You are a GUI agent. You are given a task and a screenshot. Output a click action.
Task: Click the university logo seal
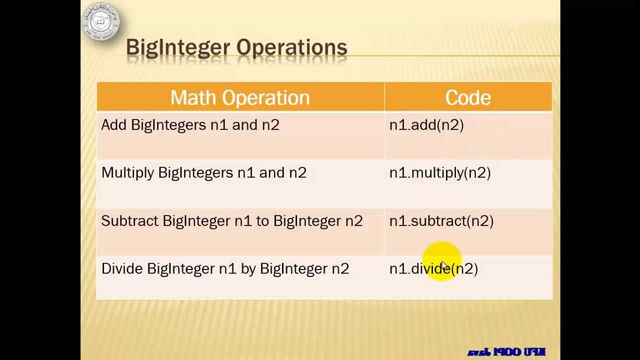[101, 21]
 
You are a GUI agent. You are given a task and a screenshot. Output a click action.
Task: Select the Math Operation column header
[240, 97]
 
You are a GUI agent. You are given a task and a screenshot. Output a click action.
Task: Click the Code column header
[468, 97]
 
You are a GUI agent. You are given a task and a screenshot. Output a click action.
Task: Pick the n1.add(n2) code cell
[426, 125]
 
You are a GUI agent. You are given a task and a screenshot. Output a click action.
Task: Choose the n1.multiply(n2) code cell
[440, 173]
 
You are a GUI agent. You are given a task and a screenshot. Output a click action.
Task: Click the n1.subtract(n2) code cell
[441, 221]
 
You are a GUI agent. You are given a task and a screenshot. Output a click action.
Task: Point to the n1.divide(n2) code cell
[433, 269]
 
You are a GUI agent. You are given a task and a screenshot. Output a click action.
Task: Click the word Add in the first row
[113, 125]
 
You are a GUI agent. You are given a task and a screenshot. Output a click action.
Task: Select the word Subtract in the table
[129, 221]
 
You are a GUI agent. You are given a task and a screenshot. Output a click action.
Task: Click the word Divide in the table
[122, 269]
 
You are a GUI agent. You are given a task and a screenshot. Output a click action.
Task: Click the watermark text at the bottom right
[506, 352]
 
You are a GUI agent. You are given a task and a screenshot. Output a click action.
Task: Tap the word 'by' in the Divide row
[248, 269]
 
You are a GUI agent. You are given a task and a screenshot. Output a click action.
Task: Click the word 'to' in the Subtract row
[262, 221]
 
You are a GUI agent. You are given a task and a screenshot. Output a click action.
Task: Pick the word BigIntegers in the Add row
[168, 125]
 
